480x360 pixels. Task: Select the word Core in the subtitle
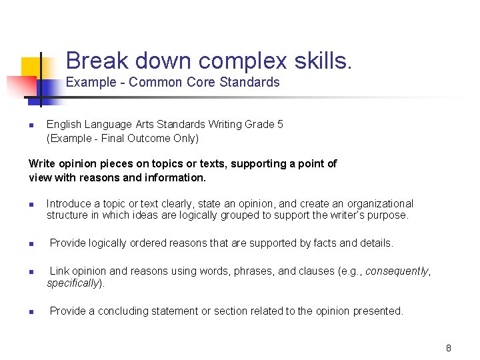pos(191,82)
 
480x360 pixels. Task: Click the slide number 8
pos(449,348)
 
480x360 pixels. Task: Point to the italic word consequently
pos(397,271)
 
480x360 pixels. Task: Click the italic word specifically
pos(73,283)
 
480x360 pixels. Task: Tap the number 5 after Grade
pos(280,125)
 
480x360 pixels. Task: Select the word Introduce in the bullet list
pos(69,203)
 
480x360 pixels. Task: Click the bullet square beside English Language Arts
pos(31,125)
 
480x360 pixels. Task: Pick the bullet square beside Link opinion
pos(31,272)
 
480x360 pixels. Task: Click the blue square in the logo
pos(48,88)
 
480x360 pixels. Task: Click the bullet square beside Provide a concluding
pos(31,311)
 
